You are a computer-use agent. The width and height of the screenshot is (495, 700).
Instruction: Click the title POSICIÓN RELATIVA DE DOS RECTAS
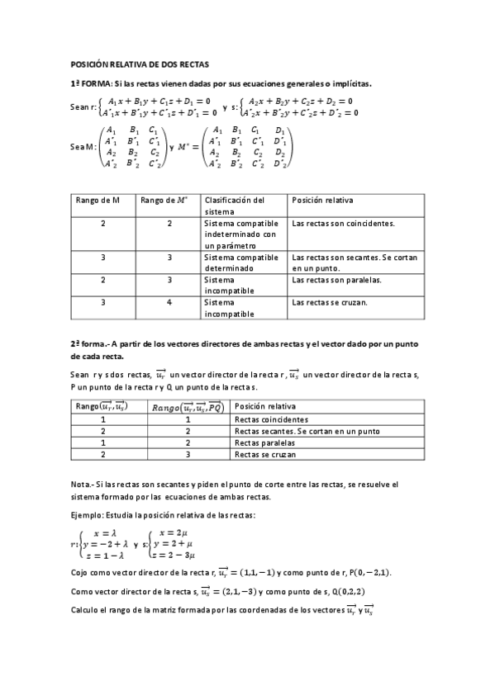[140, 64]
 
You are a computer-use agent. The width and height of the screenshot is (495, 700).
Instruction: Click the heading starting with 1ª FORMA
[221, 83]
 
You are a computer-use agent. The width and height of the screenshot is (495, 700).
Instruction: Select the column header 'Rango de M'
[98, 200]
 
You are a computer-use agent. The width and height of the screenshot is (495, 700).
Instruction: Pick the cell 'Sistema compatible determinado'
[240, 262]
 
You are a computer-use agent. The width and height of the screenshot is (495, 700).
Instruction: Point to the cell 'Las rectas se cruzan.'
[331, 302]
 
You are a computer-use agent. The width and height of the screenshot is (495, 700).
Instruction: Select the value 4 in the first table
[169, 302]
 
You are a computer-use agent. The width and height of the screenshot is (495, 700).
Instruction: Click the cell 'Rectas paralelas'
[263, 443]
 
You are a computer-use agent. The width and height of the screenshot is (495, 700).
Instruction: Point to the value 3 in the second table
[188, 455]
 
